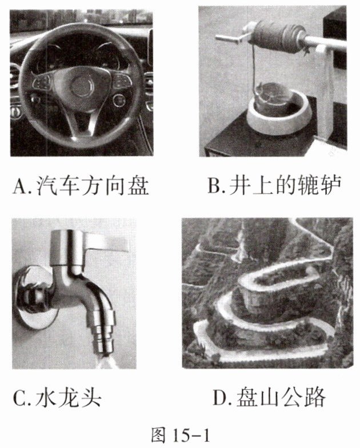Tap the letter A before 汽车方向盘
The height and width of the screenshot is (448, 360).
[19, 186]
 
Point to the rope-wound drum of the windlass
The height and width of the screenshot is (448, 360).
[276, 35]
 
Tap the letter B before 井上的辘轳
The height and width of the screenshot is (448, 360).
[215, 186]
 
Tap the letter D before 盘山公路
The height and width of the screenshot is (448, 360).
[221, 397]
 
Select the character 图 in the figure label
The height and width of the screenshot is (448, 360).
[158, 435]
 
